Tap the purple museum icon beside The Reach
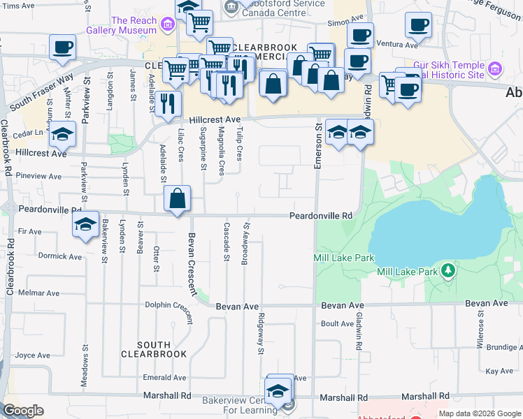(x=167, y=27)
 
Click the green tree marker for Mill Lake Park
(x=447, y=271)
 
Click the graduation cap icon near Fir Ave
(x=85, y=226)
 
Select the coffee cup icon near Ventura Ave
(x=418, y=25)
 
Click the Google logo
(x=23, y=411)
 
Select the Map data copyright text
(x=480, y=413)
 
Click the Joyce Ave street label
(x=33, y=355)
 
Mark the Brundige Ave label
(x=504, y=347)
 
